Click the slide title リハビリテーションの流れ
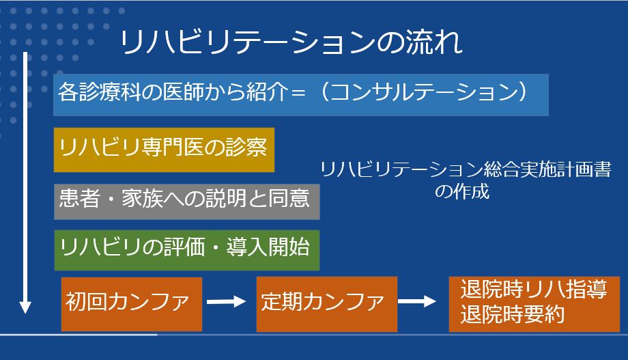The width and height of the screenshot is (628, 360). pos(291,42)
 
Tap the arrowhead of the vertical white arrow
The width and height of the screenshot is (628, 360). pos(25,307)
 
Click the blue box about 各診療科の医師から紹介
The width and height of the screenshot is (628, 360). pos(301,95)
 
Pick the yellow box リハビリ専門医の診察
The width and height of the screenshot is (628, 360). pos(165,150)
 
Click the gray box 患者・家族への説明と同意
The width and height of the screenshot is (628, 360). pos(187,202)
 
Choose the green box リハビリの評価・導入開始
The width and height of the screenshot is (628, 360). pos(187,250)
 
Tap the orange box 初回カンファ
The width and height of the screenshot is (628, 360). pos(132,304)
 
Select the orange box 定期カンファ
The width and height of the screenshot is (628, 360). pos(327,304)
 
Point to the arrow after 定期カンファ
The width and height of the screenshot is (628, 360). pos(417,301)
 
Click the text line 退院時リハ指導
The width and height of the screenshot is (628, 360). pos(534,290)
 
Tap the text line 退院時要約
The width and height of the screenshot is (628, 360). pos(513,314)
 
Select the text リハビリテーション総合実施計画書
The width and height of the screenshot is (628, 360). pos(466,169)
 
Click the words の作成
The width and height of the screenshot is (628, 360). pos(462,191)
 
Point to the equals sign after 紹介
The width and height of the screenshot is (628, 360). pos(298,93)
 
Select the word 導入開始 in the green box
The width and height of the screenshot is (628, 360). pos(268,247)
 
